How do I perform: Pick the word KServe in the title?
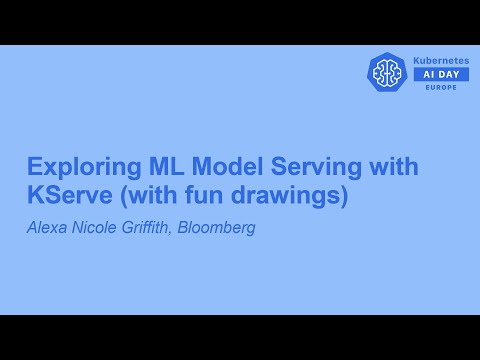click(x=63, y=195)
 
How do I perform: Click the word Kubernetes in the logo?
click(x=440, y=61)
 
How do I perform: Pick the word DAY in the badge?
click(x=449, y=74)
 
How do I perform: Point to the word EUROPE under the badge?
click(x=440, y=87)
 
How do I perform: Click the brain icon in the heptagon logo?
click(x=387, y=72)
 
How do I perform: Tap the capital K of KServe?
click(x=34, y=195)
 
